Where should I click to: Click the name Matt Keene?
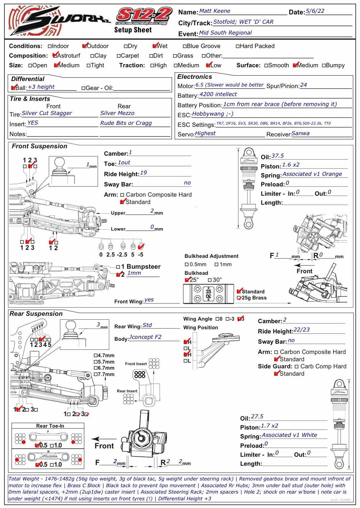click(x=214, y=11)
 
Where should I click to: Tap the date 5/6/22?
click(x=315, y=11)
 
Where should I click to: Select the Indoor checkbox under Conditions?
click(x=50, y=46)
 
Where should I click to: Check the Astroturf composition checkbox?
click(x=55, y=56)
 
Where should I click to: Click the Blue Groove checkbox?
click(x=185, y=46)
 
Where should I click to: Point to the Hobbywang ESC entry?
click(x=212, y=114)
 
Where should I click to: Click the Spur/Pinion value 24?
click(x=303, y=85)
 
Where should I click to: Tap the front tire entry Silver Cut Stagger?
click(x=47, y=113)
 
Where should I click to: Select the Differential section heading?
click(x=28, y=79)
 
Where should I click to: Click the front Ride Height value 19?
click(x=143, y=173)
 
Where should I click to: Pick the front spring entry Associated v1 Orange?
click(x=312, y=174)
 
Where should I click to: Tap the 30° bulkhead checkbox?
click(x=210, y=280)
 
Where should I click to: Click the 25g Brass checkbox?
click(x=238, y=298)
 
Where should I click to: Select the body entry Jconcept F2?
click(x=145, y=337)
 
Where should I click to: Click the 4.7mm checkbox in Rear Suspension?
click(x=95, y=356)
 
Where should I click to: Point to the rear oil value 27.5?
click(x=257, y=416)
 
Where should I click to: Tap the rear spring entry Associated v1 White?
click(x=289, y=435)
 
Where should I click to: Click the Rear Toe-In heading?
click(x=50, y=426)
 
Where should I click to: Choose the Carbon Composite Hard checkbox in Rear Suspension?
click(x=276, y=352)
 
